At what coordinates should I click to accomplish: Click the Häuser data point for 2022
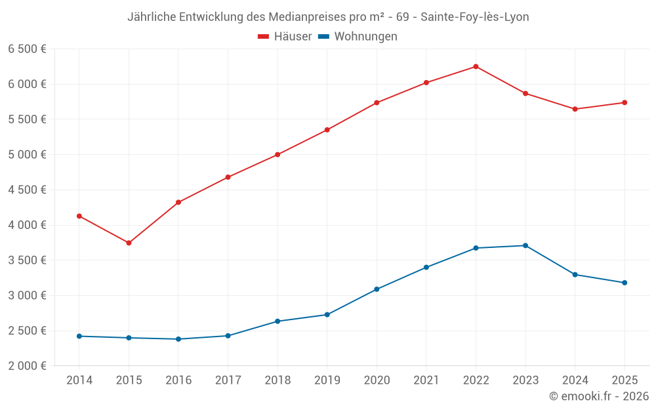tap(476, 66)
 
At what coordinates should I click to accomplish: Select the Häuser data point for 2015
tap(129, 243)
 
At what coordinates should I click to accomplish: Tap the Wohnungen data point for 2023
tap(525, 245)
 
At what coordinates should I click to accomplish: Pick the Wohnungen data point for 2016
tap(178, 339)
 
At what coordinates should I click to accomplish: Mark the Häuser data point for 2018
tap(277, 155)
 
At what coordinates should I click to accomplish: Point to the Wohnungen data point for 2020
tap(377, 289)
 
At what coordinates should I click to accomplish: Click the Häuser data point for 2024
tap(575, 109)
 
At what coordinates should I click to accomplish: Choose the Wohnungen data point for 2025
tap(625, 283)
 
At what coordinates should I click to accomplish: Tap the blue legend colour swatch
tap(323, 37)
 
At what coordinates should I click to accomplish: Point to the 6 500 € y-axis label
tap(27, 49)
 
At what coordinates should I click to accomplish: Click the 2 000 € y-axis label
tap(27, 366)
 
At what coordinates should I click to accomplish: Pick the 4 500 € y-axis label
tap(27, 190)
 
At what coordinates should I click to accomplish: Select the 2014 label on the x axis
tap(79, 380)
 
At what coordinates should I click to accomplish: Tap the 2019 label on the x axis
tap(327, 380)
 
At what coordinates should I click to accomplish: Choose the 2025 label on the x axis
tap(625, 380)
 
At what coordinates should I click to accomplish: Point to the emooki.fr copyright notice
tap(598, 396)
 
